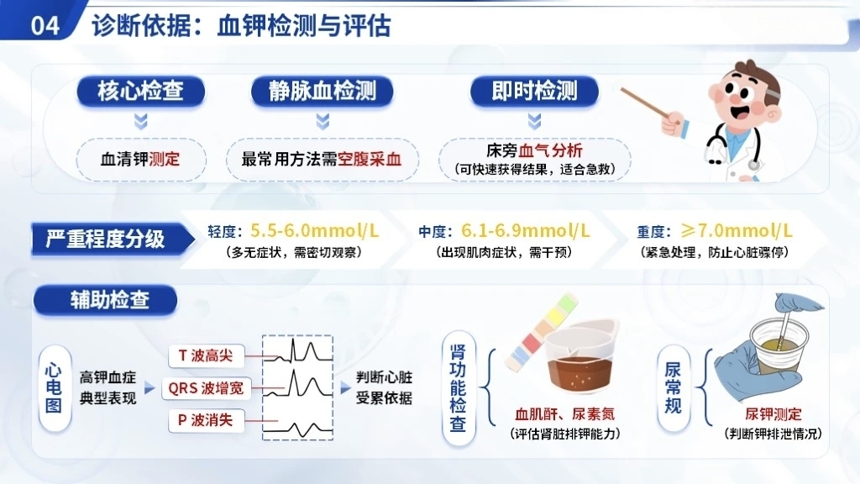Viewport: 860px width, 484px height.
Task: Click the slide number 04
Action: [45, 26]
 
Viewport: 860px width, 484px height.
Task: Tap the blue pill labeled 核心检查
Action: [141, 91]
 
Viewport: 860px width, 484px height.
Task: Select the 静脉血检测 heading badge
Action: [322, 91]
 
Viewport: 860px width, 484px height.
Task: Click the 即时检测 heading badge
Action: [534, 91]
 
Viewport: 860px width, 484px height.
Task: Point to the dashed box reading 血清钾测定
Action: [141, 160]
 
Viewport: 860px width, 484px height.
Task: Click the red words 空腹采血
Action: [370, 160]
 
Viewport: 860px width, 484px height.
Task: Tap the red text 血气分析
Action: [551, 150]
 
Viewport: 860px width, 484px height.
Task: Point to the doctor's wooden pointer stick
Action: [645, 103]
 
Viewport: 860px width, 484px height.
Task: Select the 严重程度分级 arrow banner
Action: [113, 239]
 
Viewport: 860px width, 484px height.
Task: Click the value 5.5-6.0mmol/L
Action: [314, 230]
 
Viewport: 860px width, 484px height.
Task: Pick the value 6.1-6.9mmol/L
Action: [526, 230]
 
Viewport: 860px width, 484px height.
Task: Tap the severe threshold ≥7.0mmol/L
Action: [737, 230]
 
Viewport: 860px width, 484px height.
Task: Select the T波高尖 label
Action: [206, 355]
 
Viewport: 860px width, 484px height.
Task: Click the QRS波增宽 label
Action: [206, 388]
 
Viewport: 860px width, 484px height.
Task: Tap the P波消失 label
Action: [206, 420]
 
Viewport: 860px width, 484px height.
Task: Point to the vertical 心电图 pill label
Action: [54, 388]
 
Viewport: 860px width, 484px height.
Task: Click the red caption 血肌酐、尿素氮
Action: [565, 414]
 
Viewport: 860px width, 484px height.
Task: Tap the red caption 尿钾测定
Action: [773, 414]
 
